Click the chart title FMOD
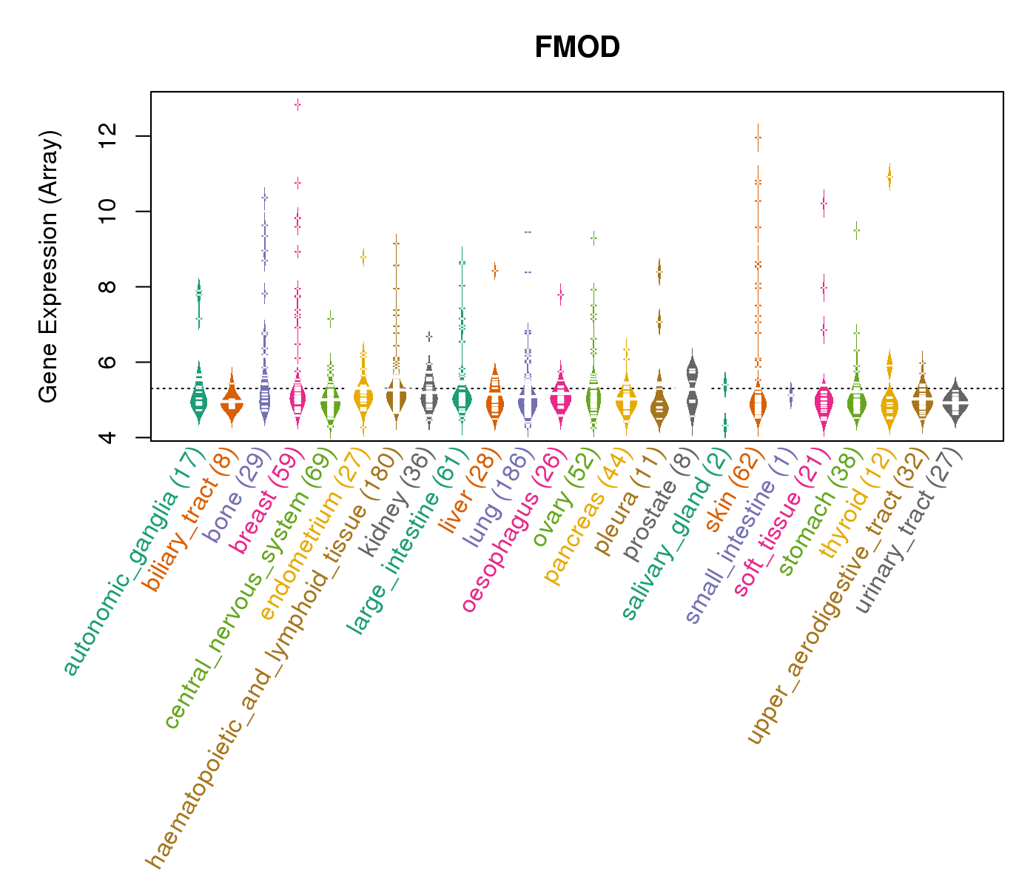click(577, 48)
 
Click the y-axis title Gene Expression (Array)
click(49, 266)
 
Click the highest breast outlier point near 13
click(297, 104)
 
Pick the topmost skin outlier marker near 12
click(758, 137)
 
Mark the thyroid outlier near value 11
click(889, 177)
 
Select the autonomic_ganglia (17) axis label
click(133, 562)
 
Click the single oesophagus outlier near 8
click(561, 295)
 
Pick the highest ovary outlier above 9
click(593, 238)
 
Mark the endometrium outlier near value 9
click(363, 257)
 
